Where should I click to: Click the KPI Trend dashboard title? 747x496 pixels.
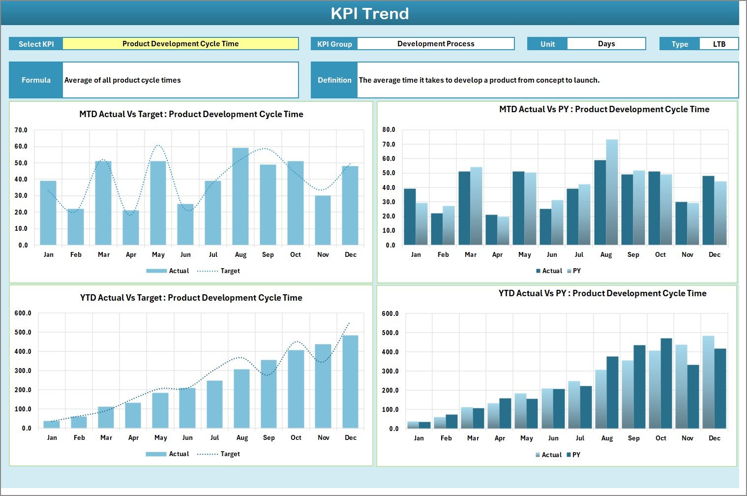[x=370, y=13]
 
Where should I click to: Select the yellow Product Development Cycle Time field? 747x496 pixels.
[x=180, y=44]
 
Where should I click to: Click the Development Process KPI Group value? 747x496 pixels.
[x=436, y=44]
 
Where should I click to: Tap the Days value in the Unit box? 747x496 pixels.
[x=606, y=44]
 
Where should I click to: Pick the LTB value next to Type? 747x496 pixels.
[x=719, y=44]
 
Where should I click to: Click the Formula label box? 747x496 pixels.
[x=36, y=80]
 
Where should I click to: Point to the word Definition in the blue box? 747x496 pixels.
[x=334, y=80]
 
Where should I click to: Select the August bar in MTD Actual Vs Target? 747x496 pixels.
[x=240, y=197]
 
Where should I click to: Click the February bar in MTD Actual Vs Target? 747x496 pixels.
[x=76, y=227]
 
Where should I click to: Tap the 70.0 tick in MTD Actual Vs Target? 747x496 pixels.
[x=21, y=130]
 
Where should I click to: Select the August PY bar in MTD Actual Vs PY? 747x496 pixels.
[x=612, y=192]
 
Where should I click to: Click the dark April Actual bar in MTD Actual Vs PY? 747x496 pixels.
[x=491, y=230]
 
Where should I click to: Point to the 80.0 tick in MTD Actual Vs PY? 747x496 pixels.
[x=388, y=130]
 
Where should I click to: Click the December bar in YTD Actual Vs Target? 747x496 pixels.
[x=350, y=381]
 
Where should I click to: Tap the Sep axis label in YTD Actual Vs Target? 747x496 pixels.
[x=269, y=438]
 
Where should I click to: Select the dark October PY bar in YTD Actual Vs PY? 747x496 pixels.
[x=666, y=383]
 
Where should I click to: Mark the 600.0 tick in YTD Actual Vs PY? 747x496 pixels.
[x=390, y=314]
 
